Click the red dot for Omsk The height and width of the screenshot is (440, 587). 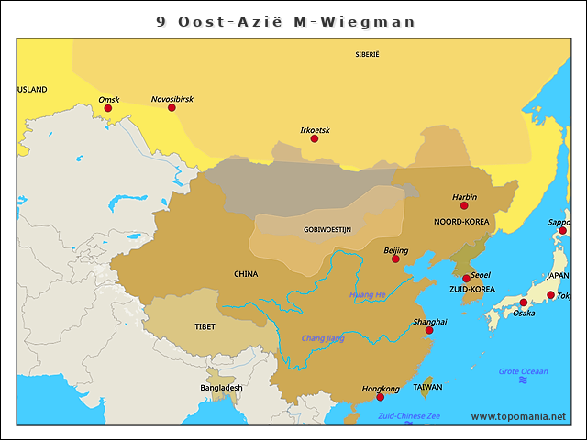(x=108, y=108)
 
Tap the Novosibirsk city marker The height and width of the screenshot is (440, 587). (x=172, y=107)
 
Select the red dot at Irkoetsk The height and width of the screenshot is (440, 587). (x=315, y=138)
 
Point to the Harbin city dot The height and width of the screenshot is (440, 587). (x=464, y=205)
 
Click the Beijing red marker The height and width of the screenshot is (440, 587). (x=395, y=258)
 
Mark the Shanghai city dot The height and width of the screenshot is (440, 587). (x=429, y=330)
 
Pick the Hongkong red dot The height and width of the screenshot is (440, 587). (x=380, y=397)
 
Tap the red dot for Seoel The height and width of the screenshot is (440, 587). (x=466, y=278)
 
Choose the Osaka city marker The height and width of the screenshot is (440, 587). (x=523, y=302)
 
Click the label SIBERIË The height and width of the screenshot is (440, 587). (x=367, y=55)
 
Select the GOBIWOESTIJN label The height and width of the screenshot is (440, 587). (x=327, y=229)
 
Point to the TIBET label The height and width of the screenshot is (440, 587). (x=205, y=326)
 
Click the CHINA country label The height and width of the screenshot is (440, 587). (x=246, y=273)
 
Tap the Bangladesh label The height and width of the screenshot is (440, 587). (x=221, y=388)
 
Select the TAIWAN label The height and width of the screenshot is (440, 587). (x=427, y=387)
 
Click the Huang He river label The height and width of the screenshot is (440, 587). (x=367, y=294)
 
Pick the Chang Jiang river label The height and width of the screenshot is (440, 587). (x=323, y=338)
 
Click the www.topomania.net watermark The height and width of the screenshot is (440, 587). (x=518, y=416)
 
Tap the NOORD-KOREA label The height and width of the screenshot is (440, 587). (x=461, y=222)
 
